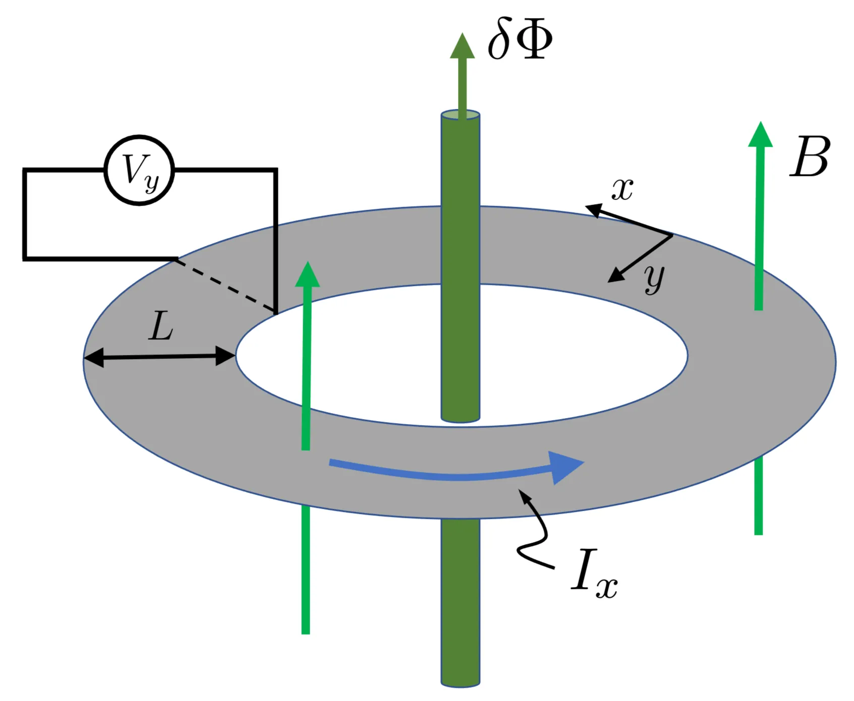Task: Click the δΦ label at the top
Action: [520, 40]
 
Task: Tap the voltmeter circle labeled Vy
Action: [139, 170]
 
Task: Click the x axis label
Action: [622, 190]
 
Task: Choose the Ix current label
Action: [594, 574]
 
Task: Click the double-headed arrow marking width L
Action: [159, 357]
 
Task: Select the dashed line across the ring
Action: [226, 284]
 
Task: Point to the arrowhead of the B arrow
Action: [760, 135]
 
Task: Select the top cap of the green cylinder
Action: [460, 115]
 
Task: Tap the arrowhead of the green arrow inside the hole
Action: [307, 275]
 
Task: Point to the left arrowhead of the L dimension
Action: [93, 359]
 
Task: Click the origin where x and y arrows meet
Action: [672, 235]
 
